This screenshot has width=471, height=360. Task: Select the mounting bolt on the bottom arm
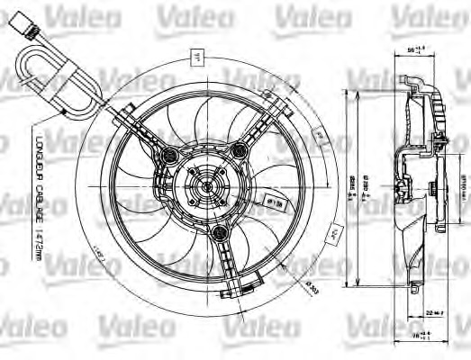217,234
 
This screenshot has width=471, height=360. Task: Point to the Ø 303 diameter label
315,287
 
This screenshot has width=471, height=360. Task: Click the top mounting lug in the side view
415,86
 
